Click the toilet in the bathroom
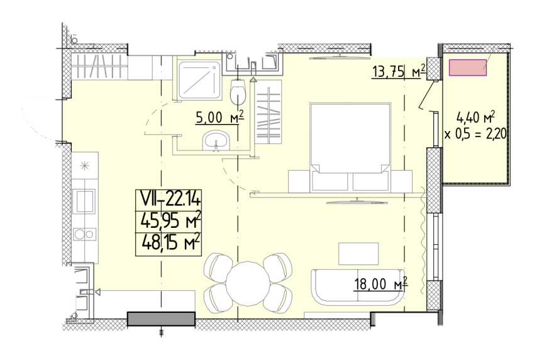coord(238,91)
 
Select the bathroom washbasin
coord(216,140)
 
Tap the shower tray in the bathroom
coord(200,80)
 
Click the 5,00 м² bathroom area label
coord(219,117)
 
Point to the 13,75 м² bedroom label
coord(399,71)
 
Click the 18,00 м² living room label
coord(381,284)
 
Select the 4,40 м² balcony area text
coord(476,118)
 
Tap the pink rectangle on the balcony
coord(468,67)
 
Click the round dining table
coord(248,283)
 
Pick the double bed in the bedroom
coord(350,147)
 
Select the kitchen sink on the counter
coord(85,201)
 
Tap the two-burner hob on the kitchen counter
coord(85,235)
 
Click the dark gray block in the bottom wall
coord(161,319)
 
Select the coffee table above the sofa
coord(358,254)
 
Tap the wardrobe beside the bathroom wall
coord(267,112)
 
